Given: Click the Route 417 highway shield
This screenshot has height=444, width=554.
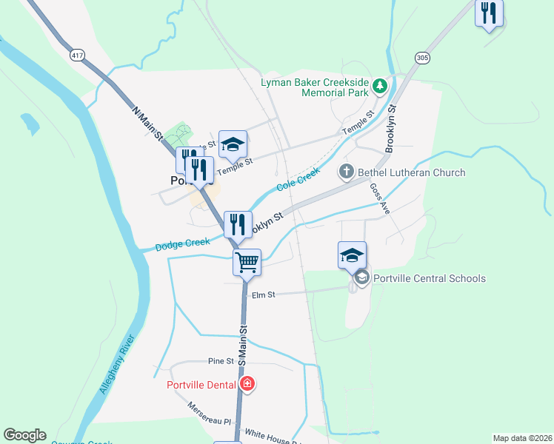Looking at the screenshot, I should pos(76,55).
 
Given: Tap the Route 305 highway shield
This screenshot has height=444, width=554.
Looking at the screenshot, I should pos(422,57).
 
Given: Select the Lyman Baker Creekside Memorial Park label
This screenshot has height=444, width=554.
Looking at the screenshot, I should pos(314,87).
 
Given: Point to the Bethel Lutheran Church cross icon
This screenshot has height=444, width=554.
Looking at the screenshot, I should pos(346,172).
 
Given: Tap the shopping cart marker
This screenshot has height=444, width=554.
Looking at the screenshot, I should pos(247,261).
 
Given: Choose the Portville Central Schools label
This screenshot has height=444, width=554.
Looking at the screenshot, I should pos(430,278).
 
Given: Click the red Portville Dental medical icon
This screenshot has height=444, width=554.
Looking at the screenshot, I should pos(247,384).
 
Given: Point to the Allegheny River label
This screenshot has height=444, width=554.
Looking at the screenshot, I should pos(117,367).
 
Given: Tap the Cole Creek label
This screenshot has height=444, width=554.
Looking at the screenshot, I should pos(298,179).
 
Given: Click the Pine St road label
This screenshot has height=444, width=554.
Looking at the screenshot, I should pos(221,361).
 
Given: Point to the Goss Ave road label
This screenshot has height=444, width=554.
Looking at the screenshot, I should pos(380,198).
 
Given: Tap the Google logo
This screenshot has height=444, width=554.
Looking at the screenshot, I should pos(24,435).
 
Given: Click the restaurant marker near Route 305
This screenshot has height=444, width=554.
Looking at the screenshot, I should pos(489,13).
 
